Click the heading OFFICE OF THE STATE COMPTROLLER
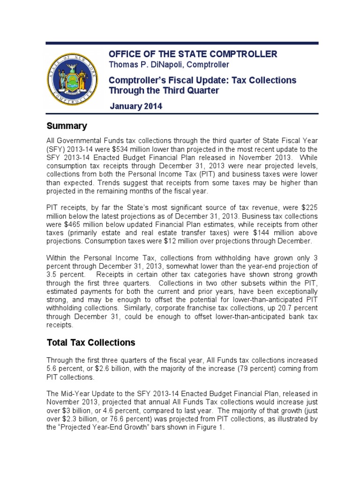coord(193,54)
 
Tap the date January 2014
coord(136,106)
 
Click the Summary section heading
coord(67,126)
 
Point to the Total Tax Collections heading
coord(91,343)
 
